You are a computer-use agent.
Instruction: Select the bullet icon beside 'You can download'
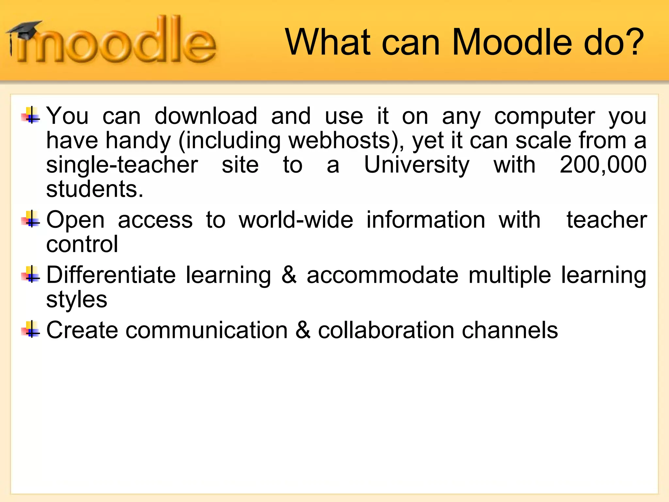(x=31, y=116)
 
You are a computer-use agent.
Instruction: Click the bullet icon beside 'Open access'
(x=31, y=219)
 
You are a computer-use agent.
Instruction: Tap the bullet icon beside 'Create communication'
(x=31, y=330)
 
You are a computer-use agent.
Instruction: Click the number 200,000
(x=603, y=165)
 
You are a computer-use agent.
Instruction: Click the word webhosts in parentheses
(x=339, y=141)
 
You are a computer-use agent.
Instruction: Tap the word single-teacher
(x=122, y=165)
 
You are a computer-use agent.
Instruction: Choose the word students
(x=95, y=189)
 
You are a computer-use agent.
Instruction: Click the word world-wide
(x=296, y=220)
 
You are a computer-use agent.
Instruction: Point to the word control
(x=82, y=244)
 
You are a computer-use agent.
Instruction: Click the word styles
(x=77, y=300)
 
